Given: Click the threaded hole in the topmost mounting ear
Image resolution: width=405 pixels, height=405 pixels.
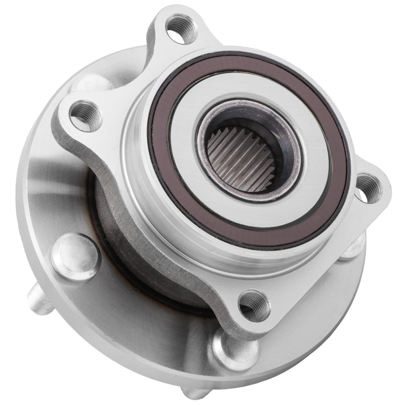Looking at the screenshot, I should [181, 29].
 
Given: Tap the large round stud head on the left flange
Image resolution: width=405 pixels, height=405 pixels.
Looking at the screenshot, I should [75, 257].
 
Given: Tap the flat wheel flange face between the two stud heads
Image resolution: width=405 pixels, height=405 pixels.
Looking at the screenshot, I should [138, 324].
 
